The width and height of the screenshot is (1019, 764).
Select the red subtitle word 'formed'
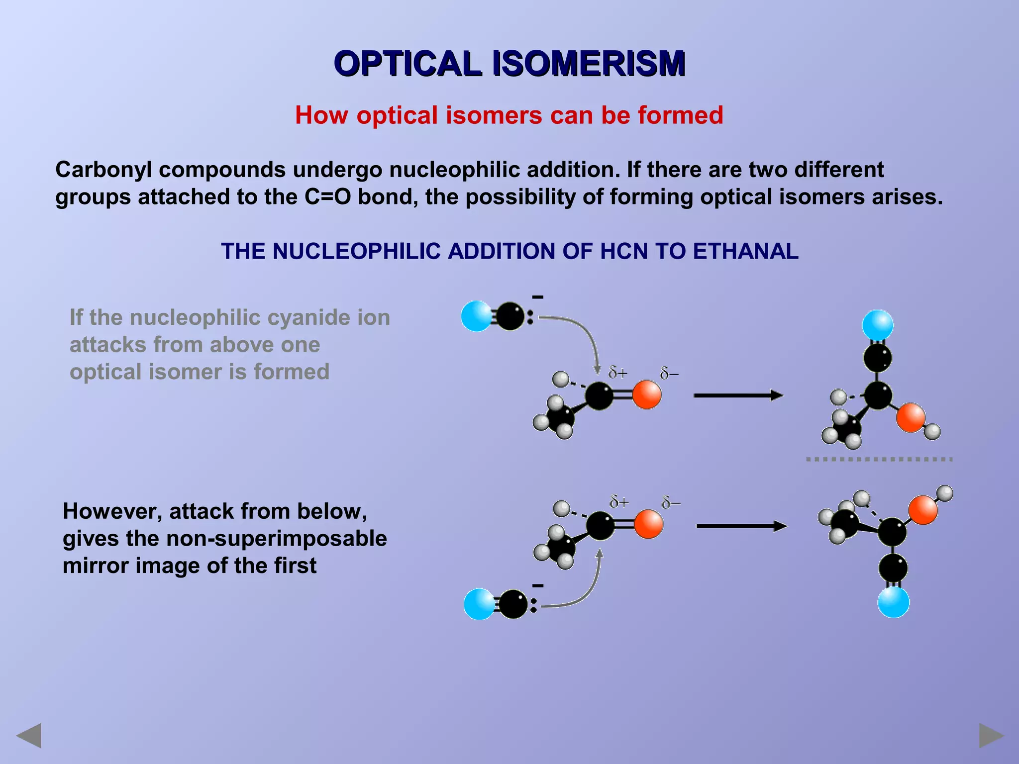[x=680, y=115]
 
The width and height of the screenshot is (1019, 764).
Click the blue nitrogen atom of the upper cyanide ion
[x=476, y=316]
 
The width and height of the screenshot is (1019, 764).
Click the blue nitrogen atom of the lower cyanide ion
[x=479, y=604]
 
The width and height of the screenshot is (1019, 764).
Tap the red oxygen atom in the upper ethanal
[x=647, y=395]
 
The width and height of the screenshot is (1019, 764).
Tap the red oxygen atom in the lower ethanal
[x=648, y=524]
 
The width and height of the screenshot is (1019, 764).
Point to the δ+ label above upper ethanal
[x=618, y=372]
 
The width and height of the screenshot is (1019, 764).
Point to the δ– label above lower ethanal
[x=671, y=503]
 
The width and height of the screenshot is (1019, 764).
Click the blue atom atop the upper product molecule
[x=878, y=325]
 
